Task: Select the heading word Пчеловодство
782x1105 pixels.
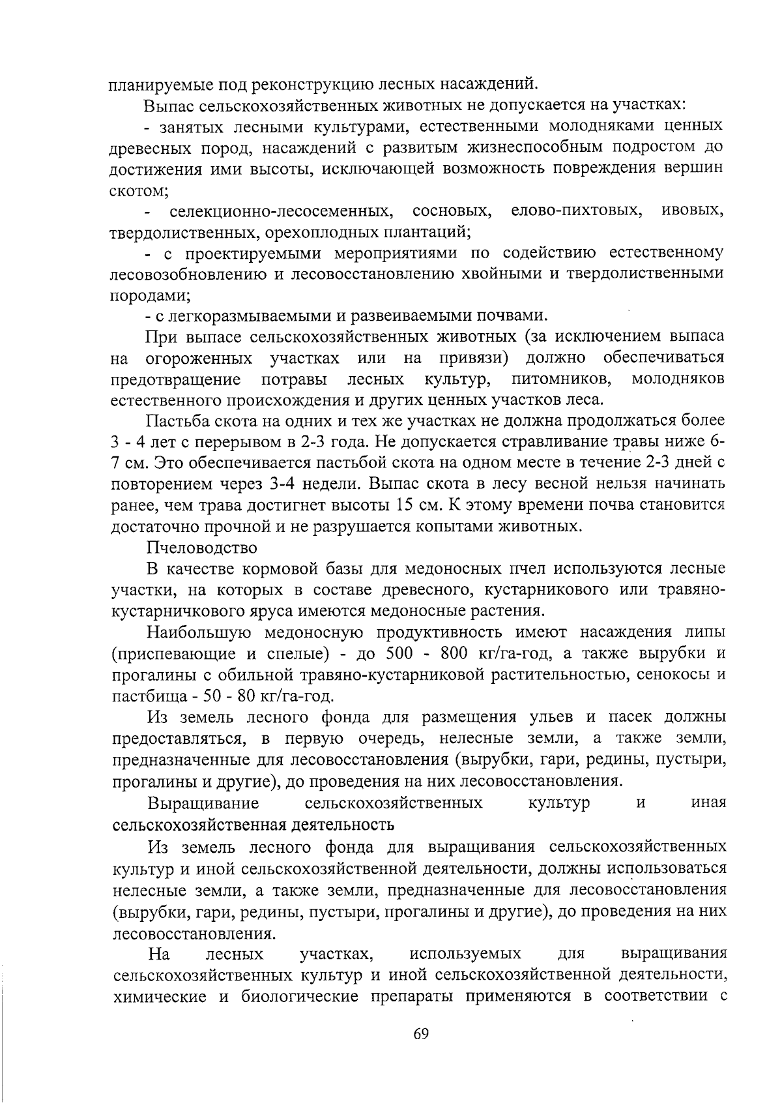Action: point(202,547)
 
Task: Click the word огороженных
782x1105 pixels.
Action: point(199,358)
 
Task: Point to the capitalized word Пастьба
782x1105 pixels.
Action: point(175,420)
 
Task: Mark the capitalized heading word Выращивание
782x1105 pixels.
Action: point(203,803)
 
